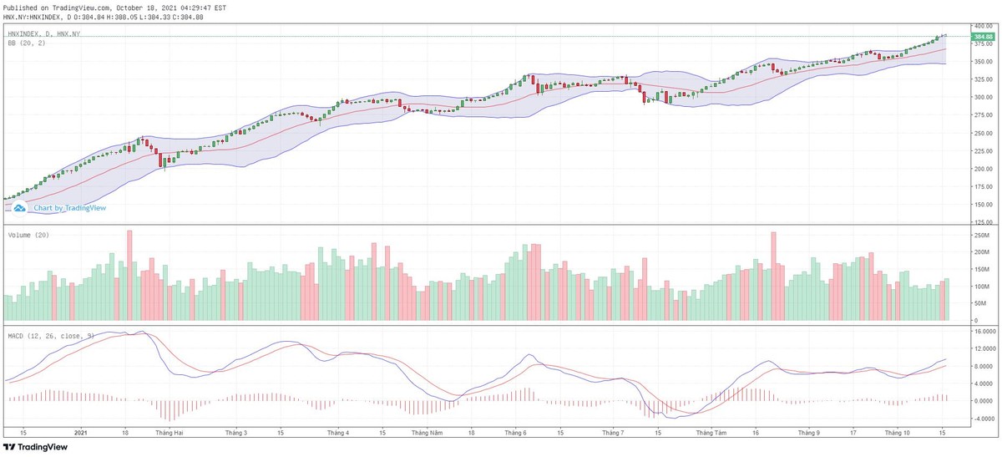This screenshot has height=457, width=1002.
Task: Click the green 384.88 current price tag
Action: (x=982, y=37)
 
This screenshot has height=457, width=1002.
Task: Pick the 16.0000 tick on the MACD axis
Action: (x=982, y=331)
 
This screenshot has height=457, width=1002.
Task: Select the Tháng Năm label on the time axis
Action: (x=428, y=433)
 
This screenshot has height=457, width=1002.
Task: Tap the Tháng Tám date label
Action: (x=710, y=433)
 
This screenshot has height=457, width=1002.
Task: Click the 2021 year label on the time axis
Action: (x=81, y=433)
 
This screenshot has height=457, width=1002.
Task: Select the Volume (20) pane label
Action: (x=28, y=236)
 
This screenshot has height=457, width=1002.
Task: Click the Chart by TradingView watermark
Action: (x=64, y=208)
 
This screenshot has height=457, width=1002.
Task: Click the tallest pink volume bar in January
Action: (x=129, y=276)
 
